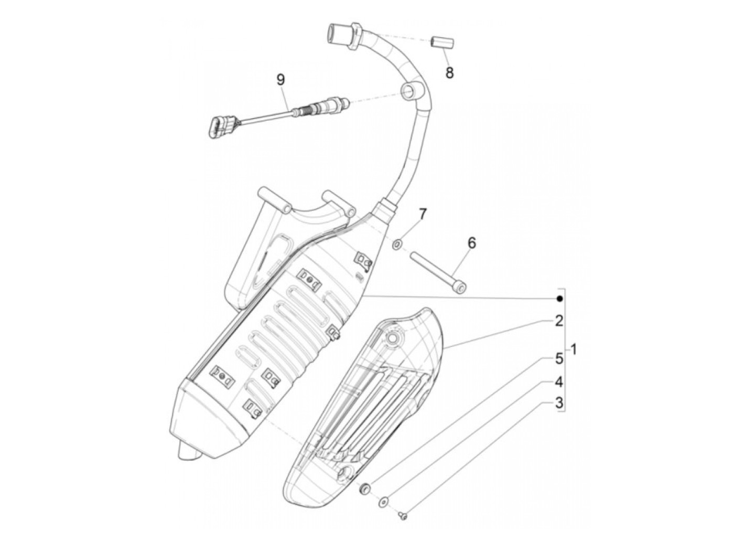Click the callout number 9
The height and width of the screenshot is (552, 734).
[281, 80]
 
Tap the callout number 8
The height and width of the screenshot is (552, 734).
[449, 72]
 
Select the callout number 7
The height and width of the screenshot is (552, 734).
[423, 214]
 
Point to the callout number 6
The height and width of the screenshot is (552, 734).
[471, 243]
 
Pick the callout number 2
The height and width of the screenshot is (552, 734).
[559, 321]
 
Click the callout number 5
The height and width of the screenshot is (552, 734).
[559, 359]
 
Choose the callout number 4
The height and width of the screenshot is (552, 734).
[559, 381]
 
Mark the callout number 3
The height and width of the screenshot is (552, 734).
[559, 403]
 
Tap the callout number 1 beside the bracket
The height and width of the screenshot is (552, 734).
[574, 348]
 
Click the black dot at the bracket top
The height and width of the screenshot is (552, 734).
[559, 299]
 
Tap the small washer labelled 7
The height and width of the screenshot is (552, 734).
[397, 243]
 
